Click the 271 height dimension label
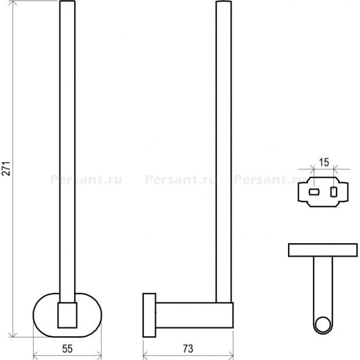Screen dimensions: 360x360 [6, 169]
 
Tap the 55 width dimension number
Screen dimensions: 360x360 [67, 349]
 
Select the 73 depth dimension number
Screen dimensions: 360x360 [188, 349]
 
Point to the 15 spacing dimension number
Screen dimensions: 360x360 [324, 163]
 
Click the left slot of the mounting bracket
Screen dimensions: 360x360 [314, 192]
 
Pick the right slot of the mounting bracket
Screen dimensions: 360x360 [334, 192]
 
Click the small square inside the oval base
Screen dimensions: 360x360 [67, 315]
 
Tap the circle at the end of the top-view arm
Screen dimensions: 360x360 [323, 325]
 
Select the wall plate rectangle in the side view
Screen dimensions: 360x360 [149, 315]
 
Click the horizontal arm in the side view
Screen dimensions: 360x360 [195, 315]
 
